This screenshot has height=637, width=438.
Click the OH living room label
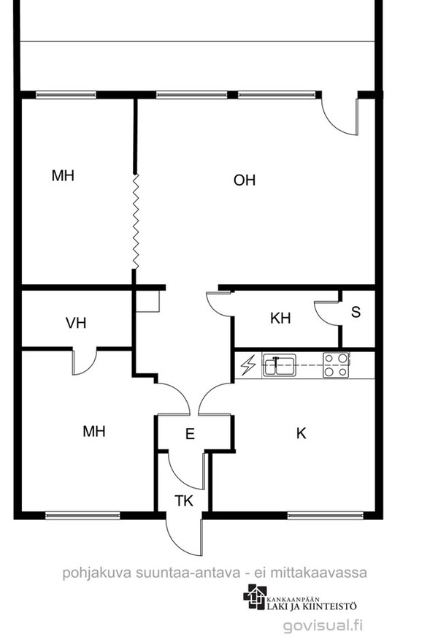pyautogui.click(x=245, y=180)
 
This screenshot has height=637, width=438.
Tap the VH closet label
pyautogui.click(x=76, y=323)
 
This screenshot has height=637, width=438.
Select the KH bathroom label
pyautogui.click(x=280, y=318)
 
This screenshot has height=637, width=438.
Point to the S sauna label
pyautogui.click(x=356, y=312)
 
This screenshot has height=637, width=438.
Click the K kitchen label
pyautogui.click(x=301, y=433)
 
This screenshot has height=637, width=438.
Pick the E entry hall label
pyautogui.click(x=190, y=434)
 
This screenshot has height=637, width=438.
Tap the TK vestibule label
pyautogui.click(x=184, y=501)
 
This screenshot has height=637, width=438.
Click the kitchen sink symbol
pyautogui.click(x=279, y=365)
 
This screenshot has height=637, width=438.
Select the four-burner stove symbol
pyautogui.click(x=336, y=365)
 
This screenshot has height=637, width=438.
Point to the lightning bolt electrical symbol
pyautogui.click(x=248, y=365)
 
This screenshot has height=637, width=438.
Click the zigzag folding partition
pyautogui.click(x=136, y=221)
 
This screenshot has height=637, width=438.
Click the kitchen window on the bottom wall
pyautogui.click(x=326, y=516)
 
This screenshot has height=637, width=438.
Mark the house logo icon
pyautogui.click(x=255, y=597)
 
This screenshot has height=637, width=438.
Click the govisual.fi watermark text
pyautogui.click(x=323, y=625)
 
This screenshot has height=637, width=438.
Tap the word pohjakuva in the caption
pyautogui.click(x=96, y=573)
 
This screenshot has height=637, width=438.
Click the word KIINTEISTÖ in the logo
pyautogui.click(x=330, y=606)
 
